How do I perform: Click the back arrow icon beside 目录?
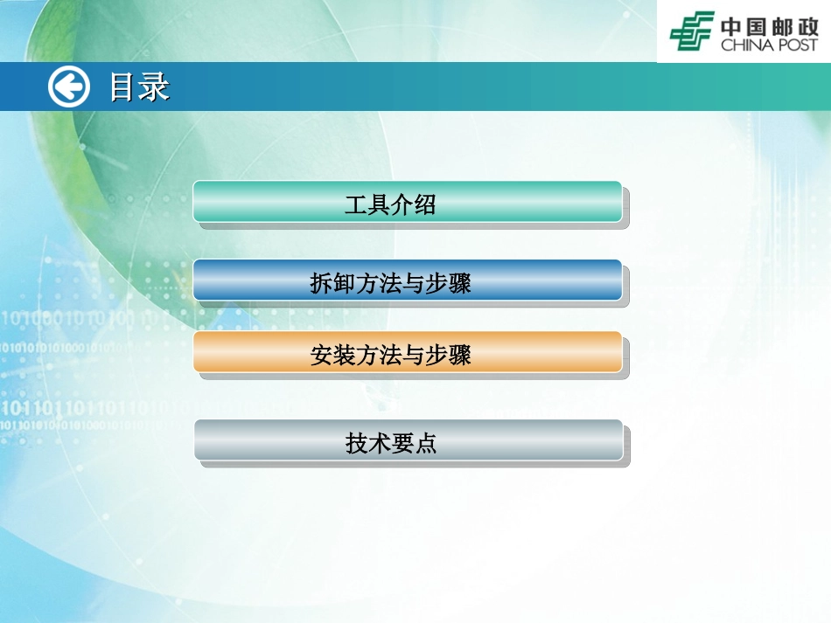click(x=68, y=87)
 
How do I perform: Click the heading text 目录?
click(x=138, y=87)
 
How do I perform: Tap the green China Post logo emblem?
click(x=692, y=31)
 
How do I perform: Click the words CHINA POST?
click(x=769, y=44)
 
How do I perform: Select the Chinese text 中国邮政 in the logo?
click(x=769, y=24)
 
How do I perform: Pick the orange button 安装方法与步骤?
click(x=408, y=353)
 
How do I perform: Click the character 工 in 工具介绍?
click(x=355, y=206)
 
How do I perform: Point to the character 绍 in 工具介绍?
click(x=425, y=206)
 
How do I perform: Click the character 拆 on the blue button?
click(x=321, y=283)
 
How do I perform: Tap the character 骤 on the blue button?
click(x=460, y=283)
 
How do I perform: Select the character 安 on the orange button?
click(x=321, y=356)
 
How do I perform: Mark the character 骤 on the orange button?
click(x=460, y=356)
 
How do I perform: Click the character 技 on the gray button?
click(x=356, y=445)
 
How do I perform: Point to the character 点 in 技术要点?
click(x=426, y=445)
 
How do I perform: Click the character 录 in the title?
click(x=154, y=87)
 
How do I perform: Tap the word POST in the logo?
click(x=797, y=44)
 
